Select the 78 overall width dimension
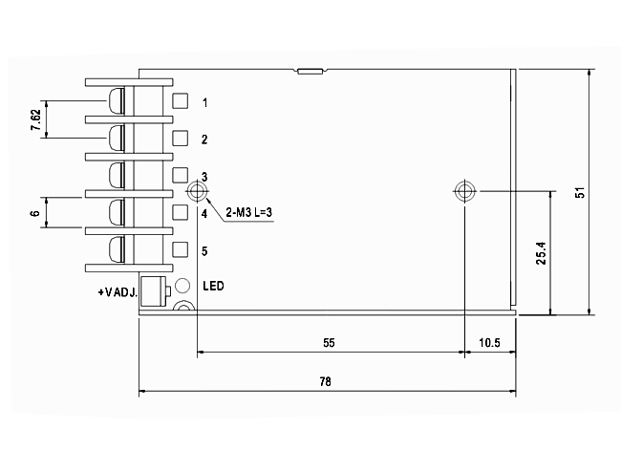pyautogui.click(x=325, y=381)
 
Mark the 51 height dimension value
pyautogui.click(x=579, y=191)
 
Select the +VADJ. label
pyautogui.click(x=118, y=290)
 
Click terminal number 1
pyautogui.click(x=205, y=101)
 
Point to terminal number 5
pyautogui.click(x=204, y=250)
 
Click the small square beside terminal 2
pyautogui.click(x=180, y=138)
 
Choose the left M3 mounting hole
pyautogui.click(x=197, y=191)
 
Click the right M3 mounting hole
pyautogui.click(x=464, y=191)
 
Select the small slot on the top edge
pyautogui.click(x=310, y=70)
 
